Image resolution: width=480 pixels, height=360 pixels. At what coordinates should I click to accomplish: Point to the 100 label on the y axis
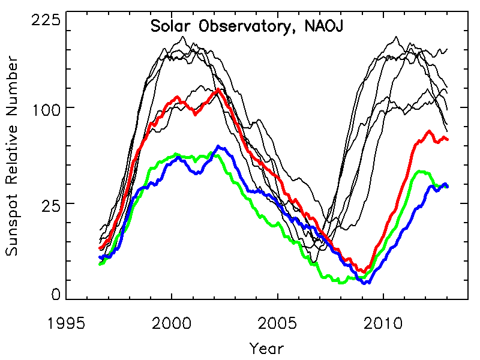tap(46, 107)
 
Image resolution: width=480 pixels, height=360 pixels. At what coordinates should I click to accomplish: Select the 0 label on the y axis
tap(56, 294)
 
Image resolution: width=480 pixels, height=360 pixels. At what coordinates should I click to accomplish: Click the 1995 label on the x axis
tap(65, 325)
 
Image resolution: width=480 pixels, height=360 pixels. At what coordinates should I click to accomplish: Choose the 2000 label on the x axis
tap(172, 325)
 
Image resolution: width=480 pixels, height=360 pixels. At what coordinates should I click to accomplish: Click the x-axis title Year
tap(266, 348)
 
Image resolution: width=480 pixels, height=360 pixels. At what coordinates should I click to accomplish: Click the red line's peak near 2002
tap(217, 89)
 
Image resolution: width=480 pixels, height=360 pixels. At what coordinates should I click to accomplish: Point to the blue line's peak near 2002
tap(218, 146)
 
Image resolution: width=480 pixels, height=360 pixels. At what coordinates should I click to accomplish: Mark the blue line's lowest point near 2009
tap(365, 283)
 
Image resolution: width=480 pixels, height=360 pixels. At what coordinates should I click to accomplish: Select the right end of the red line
tap(447, 140)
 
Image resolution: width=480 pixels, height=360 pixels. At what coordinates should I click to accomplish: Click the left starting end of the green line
tap(100, 264)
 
